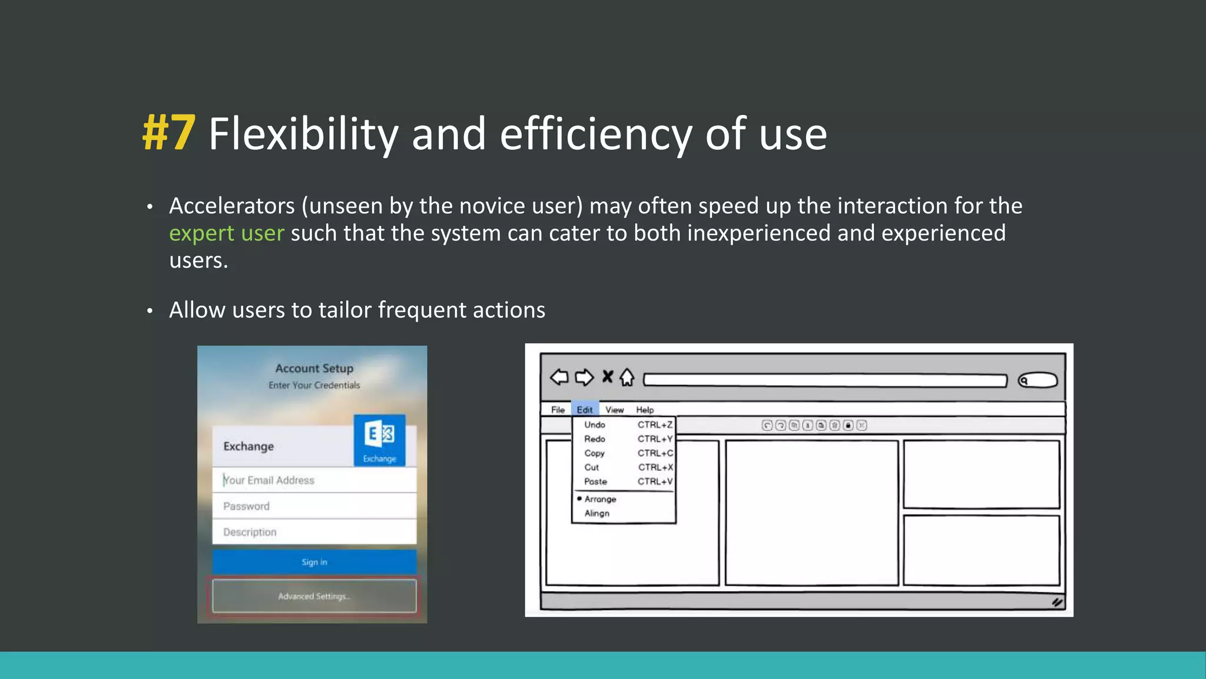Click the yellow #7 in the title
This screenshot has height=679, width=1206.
point(168,134)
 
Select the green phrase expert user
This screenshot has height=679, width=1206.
point(226,233)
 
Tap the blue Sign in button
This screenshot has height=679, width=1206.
point(314,562)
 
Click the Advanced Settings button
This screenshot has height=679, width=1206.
point(314,596)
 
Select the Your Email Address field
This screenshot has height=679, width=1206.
point(314,480)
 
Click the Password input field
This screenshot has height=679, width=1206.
point(314,506)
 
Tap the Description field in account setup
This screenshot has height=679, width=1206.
point(314,532)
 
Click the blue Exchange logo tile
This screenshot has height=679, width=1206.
point(379,440)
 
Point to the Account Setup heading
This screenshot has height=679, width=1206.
point(314,368)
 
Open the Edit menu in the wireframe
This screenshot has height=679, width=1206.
point(585,410)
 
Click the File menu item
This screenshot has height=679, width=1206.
point(558,410)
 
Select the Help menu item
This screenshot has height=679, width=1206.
point(645,410)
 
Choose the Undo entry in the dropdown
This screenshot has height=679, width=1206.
point(595,424)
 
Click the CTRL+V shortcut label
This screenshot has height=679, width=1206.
point(655,482)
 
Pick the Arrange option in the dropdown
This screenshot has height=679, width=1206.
point(600,499)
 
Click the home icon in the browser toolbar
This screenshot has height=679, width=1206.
point(627,377)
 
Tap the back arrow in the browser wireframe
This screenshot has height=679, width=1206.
point(559,377)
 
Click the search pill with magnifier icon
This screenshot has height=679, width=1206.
point(1038,380)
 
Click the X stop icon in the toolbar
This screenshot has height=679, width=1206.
point(608,377)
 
